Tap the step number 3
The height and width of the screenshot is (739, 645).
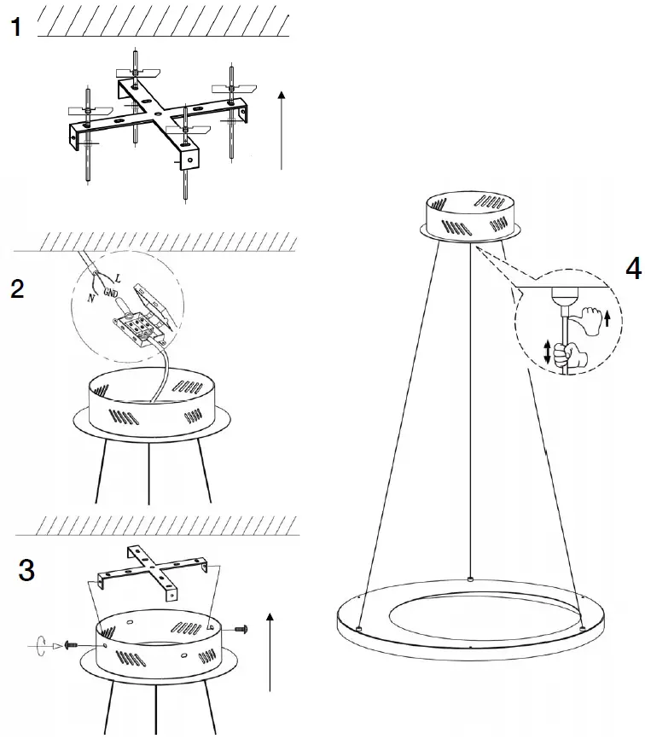[x=26, y=570]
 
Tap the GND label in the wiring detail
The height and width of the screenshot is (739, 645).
[x=111, y=291]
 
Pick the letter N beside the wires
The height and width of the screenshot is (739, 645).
[x=92, y=297]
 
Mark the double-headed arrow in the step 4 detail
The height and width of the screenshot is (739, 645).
[x=547, y=352]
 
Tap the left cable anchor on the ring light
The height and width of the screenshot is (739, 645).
[x=359, y=629]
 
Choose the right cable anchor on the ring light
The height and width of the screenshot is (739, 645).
[x=583, y=629]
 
